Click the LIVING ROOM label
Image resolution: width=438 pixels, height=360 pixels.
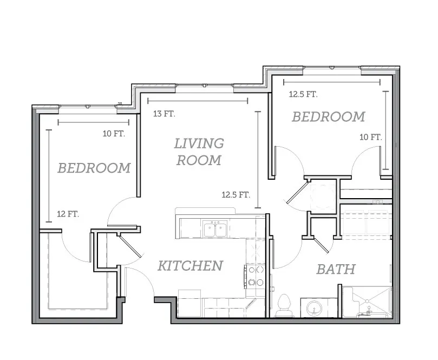pos(199,152)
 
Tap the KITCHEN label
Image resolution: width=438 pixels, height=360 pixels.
pos(190,266)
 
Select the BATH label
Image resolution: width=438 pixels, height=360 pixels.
pos(336,269)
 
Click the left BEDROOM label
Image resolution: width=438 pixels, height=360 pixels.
pos(94,168)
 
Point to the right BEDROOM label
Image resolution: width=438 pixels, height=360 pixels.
pos(329,117)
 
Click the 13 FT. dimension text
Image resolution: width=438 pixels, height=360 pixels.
pos(164,114)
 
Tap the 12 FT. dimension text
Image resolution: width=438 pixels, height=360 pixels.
pos(68,214)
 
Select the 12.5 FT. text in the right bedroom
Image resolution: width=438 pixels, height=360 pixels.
pos(303,94)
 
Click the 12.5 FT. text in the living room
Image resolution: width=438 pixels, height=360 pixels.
pos(236,194)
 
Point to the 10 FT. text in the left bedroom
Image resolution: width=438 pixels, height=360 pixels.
pos(114,134)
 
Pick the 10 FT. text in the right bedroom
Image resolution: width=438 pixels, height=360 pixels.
pos(371,137)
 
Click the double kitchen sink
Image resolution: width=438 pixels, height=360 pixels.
pos(215,229)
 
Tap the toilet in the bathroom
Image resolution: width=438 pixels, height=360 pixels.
pos(284,305)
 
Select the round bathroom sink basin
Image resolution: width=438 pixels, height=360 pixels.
pos(315,308)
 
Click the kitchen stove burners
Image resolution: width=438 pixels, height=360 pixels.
pos(256,276)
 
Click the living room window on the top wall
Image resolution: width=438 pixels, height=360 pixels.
pos(205,85)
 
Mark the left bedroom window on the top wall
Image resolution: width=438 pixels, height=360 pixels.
pos(88,107)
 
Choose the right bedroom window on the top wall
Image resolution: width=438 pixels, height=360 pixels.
pos(332,68)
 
